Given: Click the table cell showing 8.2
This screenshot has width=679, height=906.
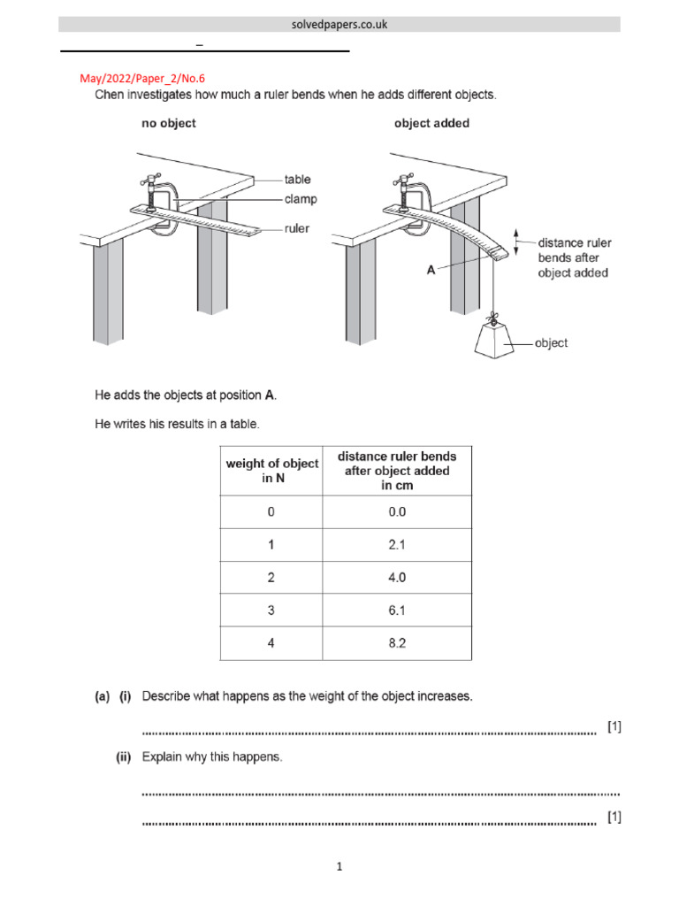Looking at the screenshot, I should [x=397, y=643].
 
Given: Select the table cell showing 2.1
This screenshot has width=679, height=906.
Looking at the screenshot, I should [x=397, y=545].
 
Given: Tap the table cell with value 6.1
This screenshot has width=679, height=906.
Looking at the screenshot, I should [x=397, y=610].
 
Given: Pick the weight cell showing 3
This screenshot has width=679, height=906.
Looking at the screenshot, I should [x=271, y=610].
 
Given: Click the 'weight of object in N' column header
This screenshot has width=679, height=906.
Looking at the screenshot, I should [x=271, y=471].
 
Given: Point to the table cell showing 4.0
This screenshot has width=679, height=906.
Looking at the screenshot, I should [x=397, y=578].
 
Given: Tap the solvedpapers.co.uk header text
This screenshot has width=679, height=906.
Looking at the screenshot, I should [x=339, y=25].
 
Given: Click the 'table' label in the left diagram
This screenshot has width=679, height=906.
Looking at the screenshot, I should [x=297, y=180].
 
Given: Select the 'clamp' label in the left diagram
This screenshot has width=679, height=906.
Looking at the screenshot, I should [x=301, y=199].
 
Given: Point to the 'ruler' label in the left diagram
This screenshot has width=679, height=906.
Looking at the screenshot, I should [x=297, y=228].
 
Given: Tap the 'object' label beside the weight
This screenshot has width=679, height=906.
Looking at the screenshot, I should [x=551, y=343].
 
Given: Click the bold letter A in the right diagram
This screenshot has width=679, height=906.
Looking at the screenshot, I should [x=431, y=271].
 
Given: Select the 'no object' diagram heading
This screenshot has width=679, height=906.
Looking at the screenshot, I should [x=169, y=124].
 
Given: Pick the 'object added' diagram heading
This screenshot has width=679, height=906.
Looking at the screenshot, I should [x=431, y=124].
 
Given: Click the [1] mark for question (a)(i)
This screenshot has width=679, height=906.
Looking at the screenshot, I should [x=614, y=726].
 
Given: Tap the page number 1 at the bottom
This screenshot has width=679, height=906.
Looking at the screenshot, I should [x=339, y=867].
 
